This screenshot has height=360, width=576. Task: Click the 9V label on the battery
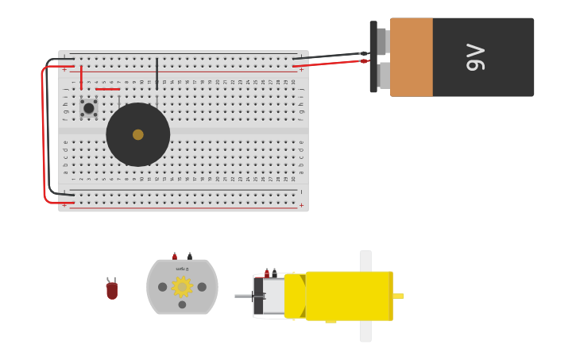[x=475, y=57]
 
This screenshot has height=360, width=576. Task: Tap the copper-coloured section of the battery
[x=411, y=57]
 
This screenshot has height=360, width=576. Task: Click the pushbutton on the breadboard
[x=88, y=108]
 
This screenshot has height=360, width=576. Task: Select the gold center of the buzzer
[x=138, y=134]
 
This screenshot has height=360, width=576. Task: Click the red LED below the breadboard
[x=112, y=290]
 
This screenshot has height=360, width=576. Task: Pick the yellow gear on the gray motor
[x=182, y=286]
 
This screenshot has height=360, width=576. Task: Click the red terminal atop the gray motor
[x=175, y=256]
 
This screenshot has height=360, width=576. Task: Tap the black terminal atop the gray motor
[x=190, y=256]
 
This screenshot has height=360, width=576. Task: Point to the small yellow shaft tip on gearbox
[x=398, y=296]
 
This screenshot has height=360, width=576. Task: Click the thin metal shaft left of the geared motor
[x=242, y=296]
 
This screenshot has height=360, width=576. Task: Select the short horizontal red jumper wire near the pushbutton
[x=107, y=89]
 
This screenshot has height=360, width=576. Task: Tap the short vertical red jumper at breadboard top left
[x=81, y=77]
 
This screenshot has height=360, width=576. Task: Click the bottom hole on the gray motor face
[x=182, y=304]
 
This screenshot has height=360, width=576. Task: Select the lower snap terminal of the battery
[x=383, y=75]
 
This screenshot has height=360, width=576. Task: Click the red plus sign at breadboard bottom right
[x=301, y=205]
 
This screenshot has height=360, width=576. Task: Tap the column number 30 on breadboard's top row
[x=293, y=82]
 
